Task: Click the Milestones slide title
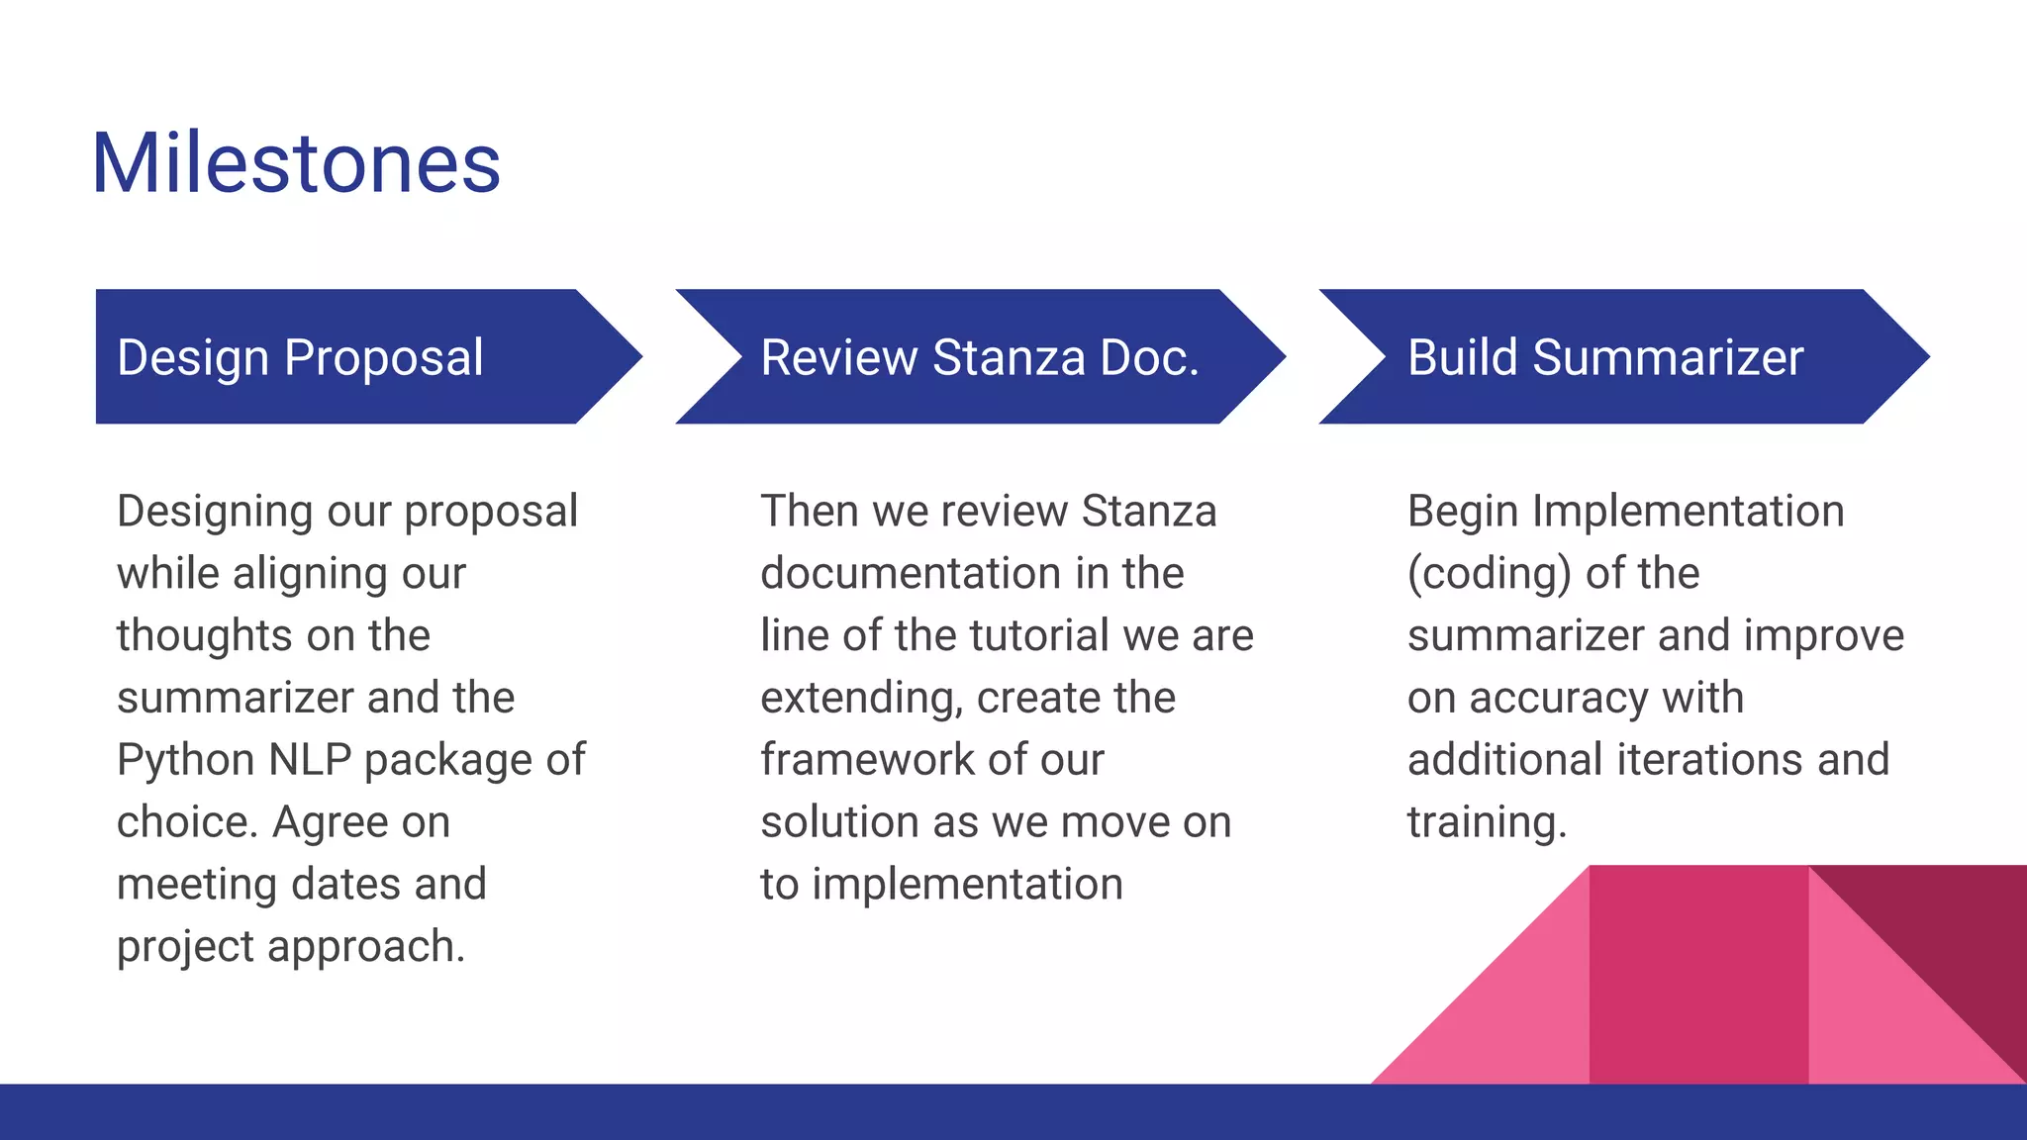point(296,163)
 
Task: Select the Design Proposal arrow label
point(300,357)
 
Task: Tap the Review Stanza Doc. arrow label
point(979,357)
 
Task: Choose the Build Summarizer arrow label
point(1604,357)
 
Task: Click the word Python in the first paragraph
point(186,761)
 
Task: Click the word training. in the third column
point(1487,822)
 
